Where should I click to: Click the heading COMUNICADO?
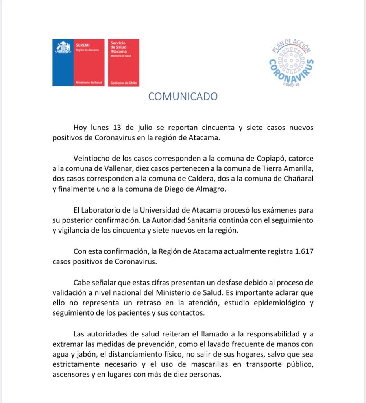point(183,97)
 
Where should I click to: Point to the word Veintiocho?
point(92,158)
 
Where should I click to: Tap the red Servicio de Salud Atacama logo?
point(124,62)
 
